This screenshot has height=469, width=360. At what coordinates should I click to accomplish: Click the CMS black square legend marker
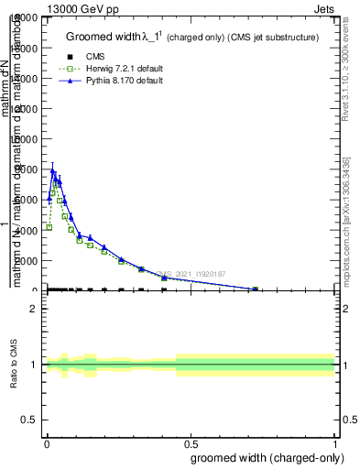pyautogui.click(x=71, y=57)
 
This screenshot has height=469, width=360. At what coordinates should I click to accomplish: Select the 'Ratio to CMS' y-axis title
pyautogui.click(x=15, y=365)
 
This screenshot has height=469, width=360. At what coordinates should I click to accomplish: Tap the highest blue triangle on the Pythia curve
pyautogui.click(x=52, y=171)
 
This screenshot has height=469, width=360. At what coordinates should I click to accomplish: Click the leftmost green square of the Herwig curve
pyautogui.click(x=49, y=227)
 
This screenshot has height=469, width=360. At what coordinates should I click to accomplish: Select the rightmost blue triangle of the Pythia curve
pyautogui.click(x=255, y=289)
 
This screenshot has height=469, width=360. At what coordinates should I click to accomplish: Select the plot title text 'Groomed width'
pyautogui.click(x=101, y=38)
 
